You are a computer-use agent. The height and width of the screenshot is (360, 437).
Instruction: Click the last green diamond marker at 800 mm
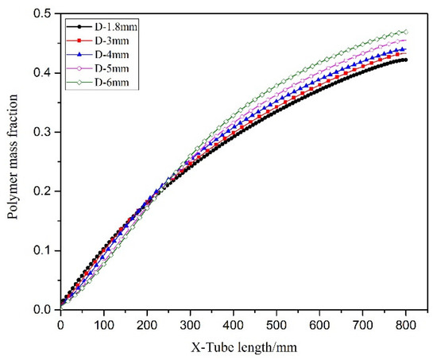tap(406, 32)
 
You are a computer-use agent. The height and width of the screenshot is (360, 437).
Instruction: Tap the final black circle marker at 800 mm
tap(406, 60)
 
